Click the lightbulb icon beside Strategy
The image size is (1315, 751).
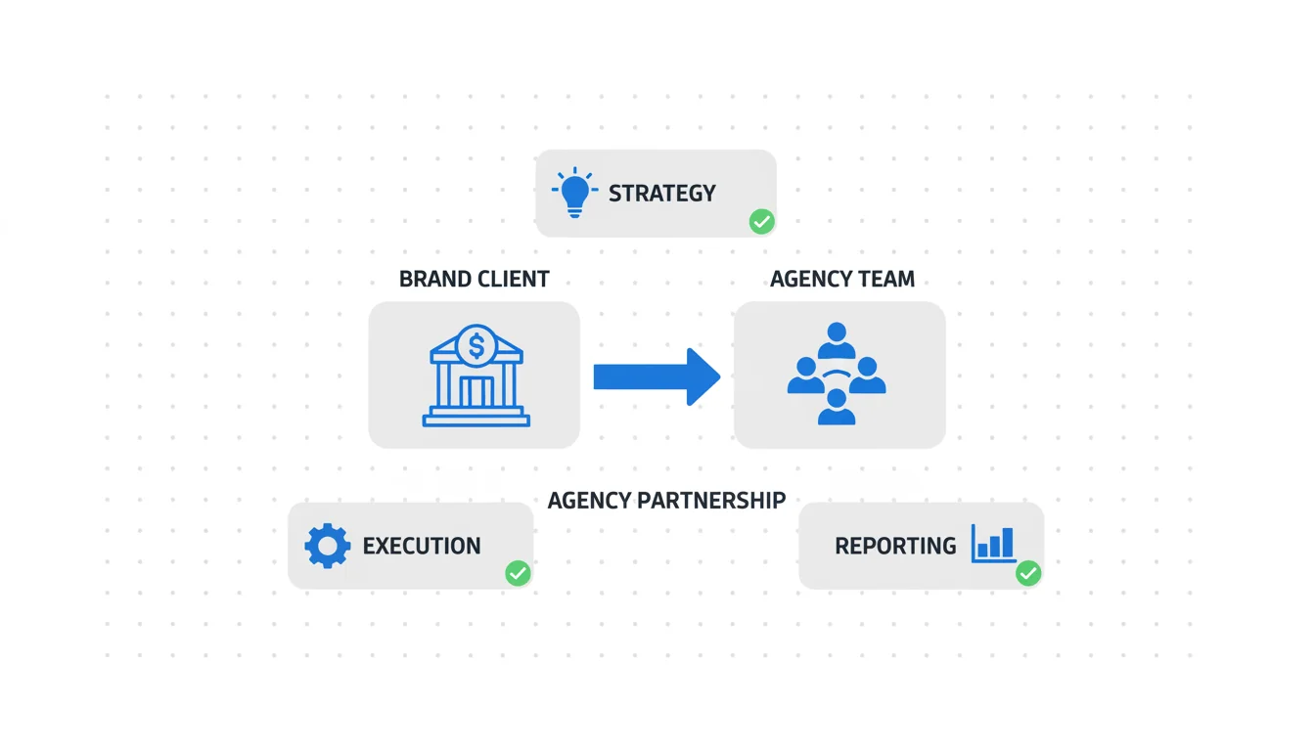pyautogui.click(x=574, y=192)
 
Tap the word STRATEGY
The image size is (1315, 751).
pyautogui.click(x=662, y=194)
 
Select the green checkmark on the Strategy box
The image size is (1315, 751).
pyautogui.click(x=761, y=221)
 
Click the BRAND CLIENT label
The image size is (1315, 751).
pyautogui.click(x=475, y=279)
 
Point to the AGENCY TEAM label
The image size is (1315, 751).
pyautogui.click(x=842, y=279)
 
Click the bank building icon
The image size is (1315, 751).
pyautogui.click(x=476, y=376)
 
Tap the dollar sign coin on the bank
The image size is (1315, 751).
pyautogui.click(x=476, y=344)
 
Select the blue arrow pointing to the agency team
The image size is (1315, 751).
pyautogui.click(x=657, y=376)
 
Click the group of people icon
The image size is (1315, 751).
pyautogui.click(x=837, y=375)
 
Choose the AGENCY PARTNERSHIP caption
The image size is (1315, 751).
pyautogui.click(x=666, y=501)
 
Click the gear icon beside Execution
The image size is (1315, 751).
pyautogui.click(x=328, y=546)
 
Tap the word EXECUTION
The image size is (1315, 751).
pyautogui.click(x=422, y=546)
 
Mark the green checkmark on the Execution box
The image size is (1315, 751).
pyautogui.click(x=518, y=573)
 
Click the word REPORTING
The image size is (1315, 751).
pyautogui.click(x=895, y=546)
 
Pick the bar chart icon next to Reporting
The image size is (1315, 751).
pyautogui.click(x=993, y=543)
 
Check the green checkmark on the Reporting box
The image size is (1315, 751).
pyautogui.click(x=1028, y=573)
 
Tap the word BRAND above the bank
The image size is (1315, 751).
pyautogui.click(x=434, y=279)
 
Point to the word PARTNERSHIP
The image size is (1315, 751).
pyautogui.click(x=711, y=501)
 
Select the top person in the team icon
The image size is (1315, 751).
pyautogui.click(x=837, y=339)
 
